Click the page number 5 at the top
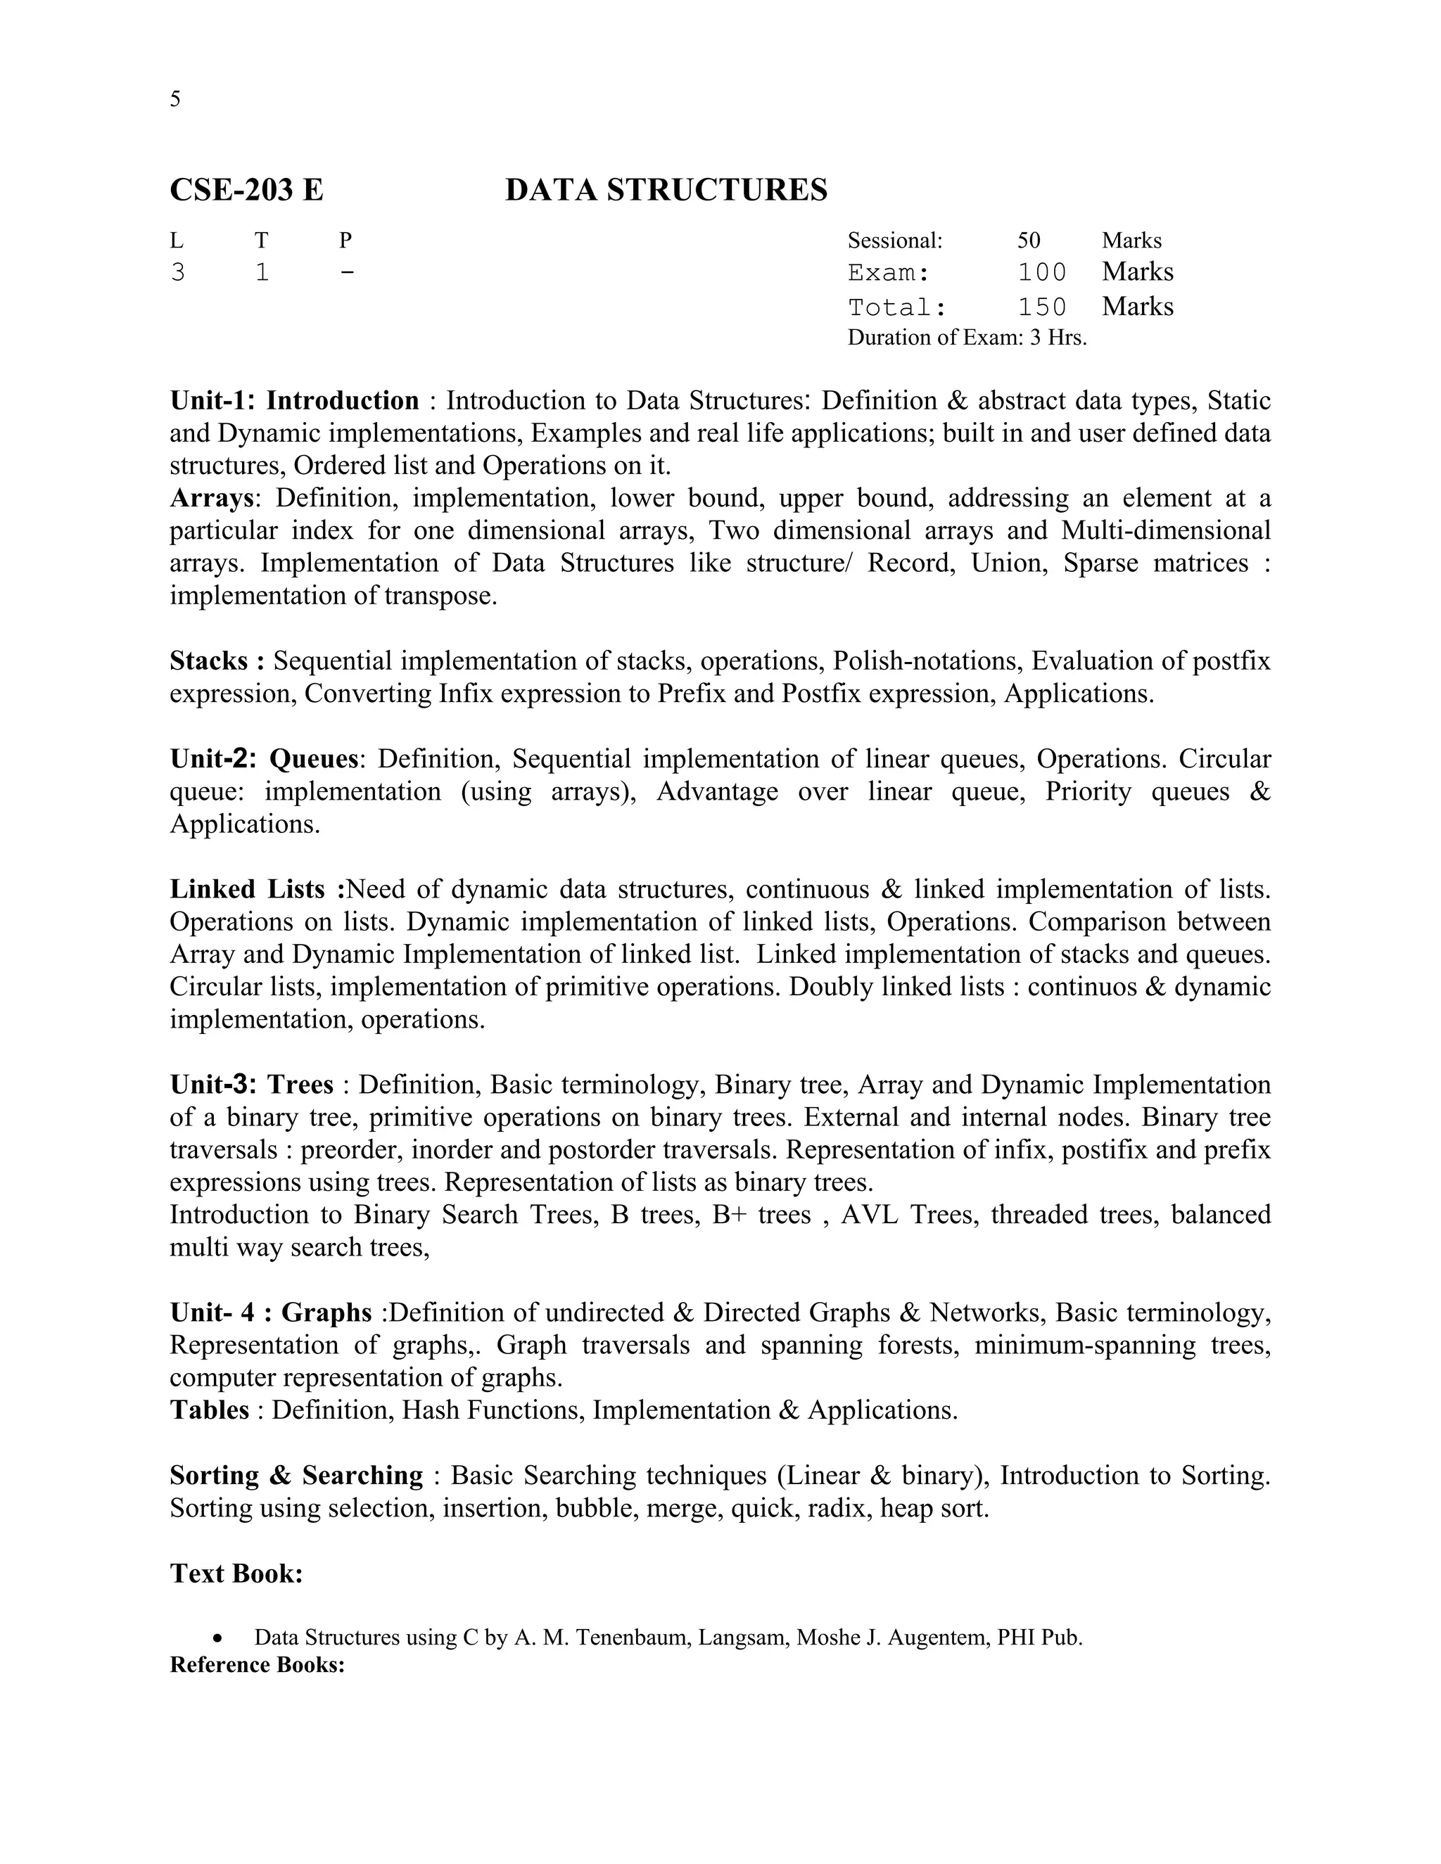click(x=175, y=100)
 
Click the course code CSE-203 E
click(x=247, y=189)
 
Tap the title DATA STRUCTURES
click(x=666, y=189)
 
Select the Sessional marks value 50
click(x=1029, y=241)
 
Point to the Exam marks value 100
click(x=1041, y=273)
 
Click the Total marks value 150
click(x=1041, y=307)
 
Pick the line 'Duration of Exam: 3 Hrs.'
click(x=966, y=338)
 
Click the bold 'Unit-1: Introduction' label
click(x=295, y=401)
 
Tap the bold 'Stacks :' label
click(x=217, y=661)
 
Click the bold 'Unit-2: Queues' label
click(x=264, y=759)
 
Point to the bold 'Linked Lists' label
click(x=248, y=889)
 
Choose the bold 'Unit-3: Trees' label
click(x=252, y=1085)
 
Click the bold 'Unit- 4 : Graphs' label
click(x=271, y=1313)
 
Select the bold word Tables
click(x=209, y=1410)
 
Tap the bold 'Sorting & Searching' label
click(x=296, y=1476)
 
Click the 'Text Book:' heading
click(x=236, y=1573)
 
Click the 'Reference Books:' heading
click(x=257, y=1665)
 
